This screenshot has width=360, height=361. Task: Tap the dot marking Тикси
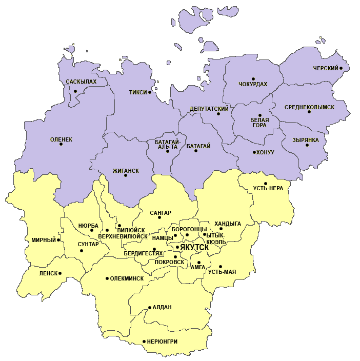coord(150,92)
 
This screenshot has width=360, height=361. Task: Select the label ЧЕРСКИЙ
coord(326,68)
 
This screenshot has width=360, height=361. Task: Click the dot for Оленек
coord(61,144)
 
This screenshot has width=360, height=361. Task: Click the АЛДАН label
coord(162,307)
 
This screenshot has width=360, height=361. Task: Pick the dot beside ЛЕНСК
coord(60,273)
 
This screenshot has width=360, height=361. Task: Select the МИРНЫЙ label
coord(43,240)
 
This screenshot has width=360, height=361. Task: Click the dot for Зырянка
coord(307,145)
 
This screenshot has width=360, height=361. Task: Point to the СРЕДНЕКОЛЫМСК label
coord(309,107)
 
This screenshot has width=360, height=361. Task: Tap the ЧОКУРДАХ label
coord(253,84)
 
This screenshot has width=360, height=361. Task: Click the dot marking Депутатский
coord(218,114)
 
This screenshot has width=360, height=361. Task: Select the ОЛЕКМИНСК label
coord(127,278)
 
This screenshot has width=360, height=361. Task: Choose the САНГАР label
coord(161,213)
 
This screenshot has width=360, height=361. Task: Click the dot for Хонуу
coord(254,152)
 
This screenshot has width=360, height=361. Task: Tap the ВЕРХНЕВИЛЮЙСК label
coord(123,237)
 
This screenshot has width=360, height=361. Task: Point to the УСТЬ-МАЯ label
coord(222,271)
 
